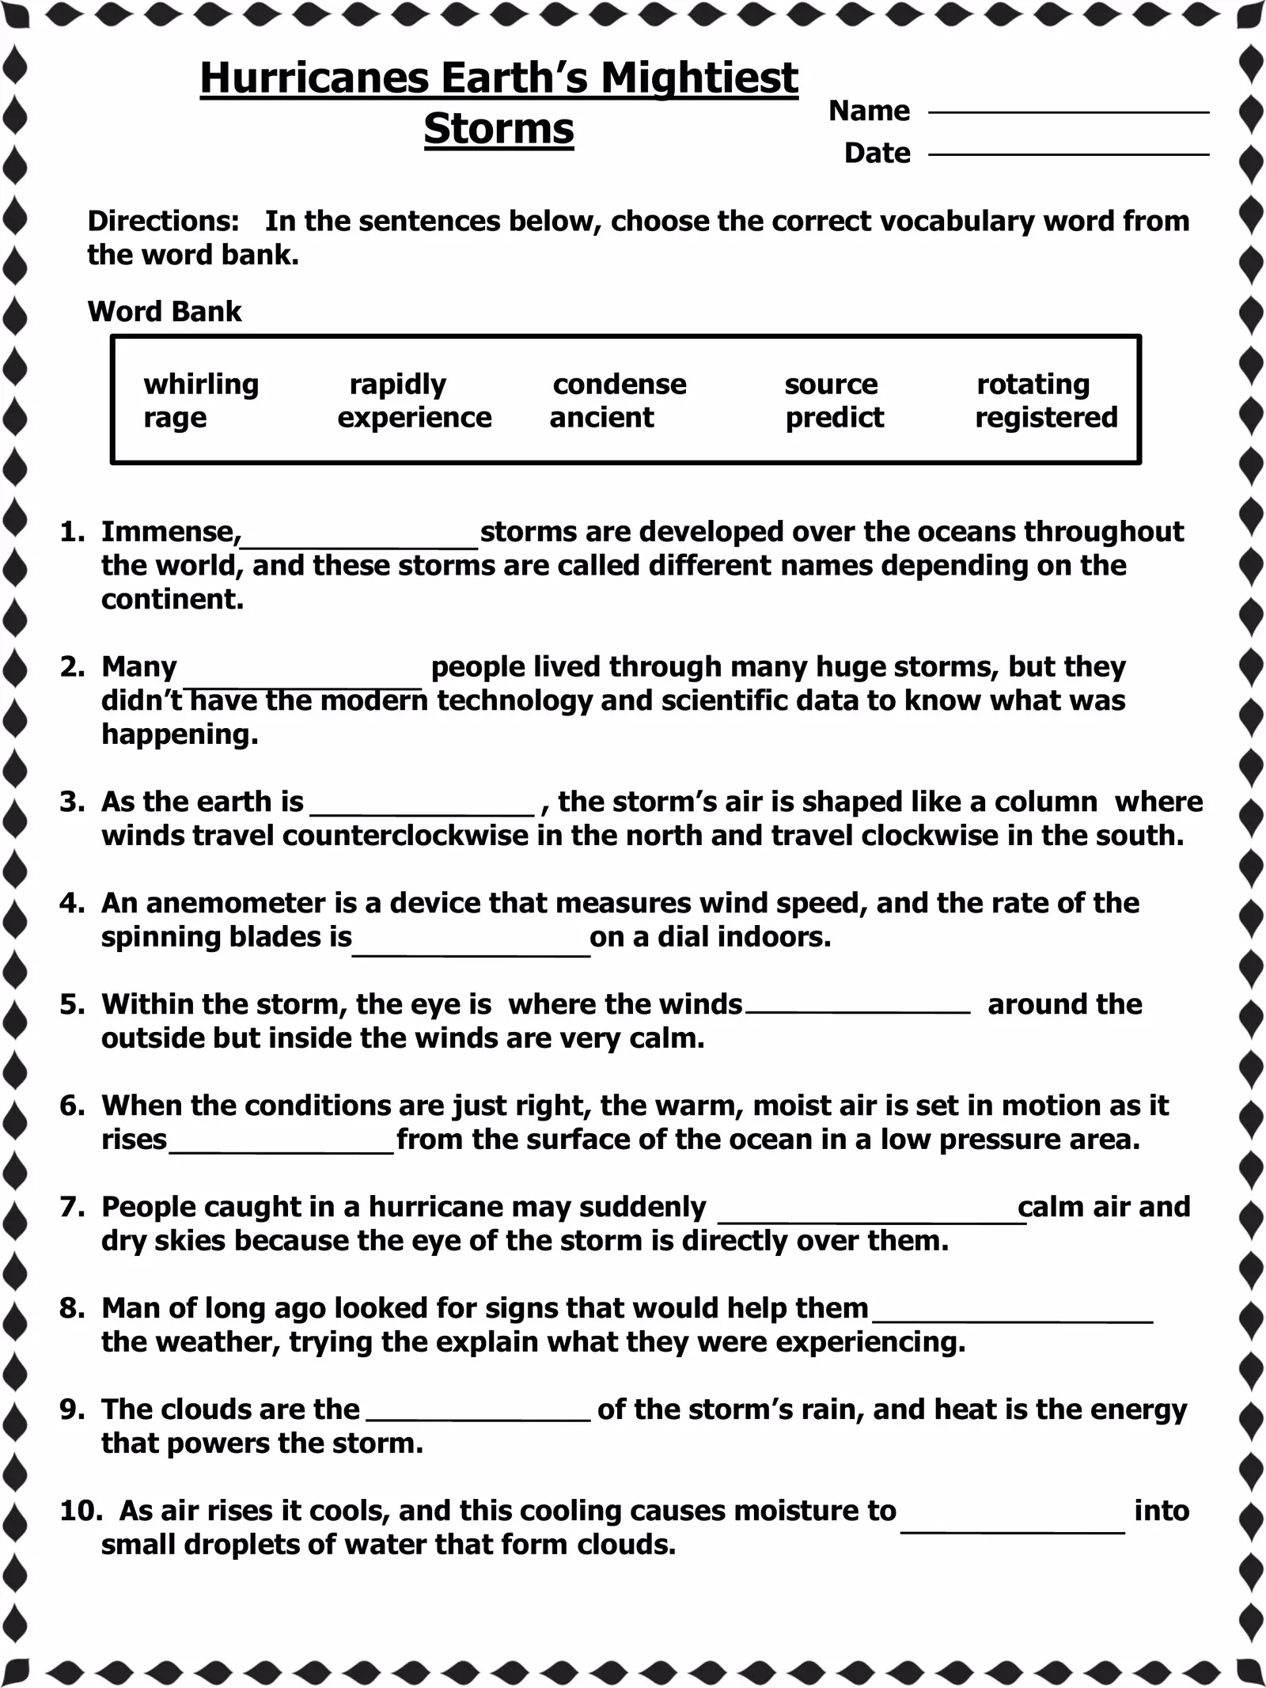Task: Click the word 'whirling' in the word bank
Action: click(201, 385)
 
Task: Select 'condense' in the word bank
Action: click(619, 385)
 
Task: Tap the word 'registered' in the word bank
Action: click(1045, 418)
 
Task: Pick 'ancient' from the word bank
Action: click(601, 418)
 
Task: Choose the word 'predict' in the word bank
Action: click(834, 418)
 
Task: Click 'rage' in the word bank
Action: click(175, 418)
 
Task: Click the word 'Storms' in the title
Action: click(498, 129)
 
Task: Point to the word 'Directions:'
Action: click(163, 222)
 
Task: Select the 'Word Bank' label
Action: click(165, 312)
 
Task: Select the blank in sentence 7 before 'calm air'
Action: click(870, 1215)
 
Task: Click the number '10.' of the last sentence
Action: click(80, 1512)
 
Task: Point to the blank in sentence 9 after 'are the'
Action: click(479, 1417)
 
